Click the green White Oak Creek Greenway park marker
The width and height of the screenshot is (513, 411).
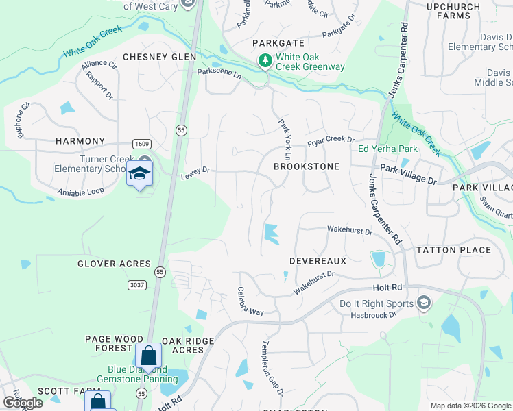click(265, 62)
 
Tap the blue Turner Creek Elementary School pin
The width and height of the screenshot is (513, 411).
click(139, 174)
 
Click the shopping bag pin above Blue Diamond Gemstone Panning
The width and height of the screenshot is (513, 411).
click(148, 356)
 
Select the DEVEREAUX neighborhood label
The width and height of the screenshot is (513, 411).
click(318, 261)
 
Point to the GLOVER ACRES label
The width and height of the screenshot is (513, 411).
click(114, 264)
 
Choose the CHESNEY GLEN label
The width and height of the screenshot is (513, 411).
click(159, 57)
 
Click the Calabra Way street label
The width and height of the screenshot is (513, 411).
click(250, 301)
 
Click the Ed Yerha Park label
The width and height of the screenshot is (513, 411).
click(387, 149)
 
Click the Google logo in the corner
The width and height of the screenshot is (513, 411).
click(22, 403)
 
